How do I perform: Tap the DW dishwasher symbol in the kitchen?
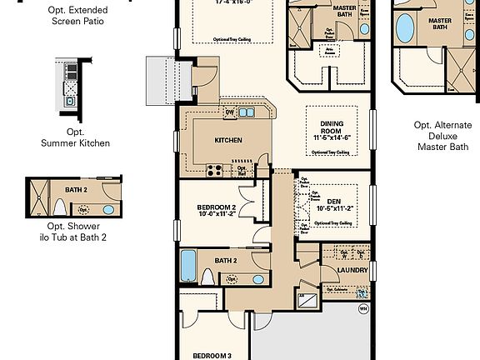coord(230,112)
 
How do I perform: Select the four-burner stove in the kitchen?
coord(213,171)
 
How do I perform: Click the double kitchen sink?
coord(247,112)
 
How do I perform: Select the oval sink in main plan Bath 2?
coord(258,278)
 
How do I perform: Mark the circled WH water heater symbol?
coord(362,308)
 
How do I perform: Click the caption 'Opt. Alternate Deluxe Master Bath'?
coord(439,136)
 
